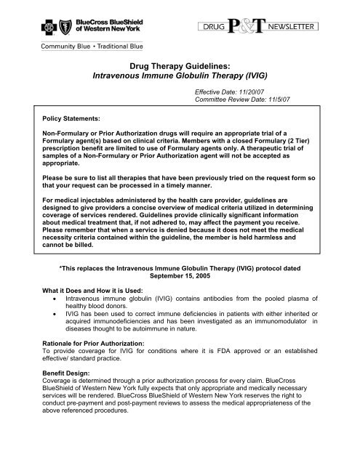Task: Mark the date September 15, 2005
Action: (180, 277)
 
